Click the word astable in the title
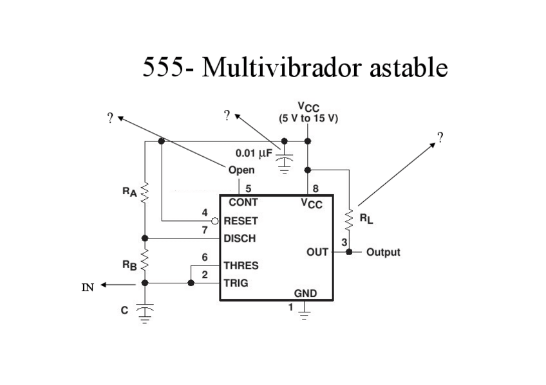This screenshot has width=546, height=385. coord(408,67)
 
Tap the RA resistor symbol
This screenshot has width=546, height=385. coord(145,191)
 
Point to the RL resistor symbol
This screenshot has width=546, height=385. coord(350,220)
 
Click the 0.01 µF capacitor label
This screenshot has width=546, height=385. coord(254,153)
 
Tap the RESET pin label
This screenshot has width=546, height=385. coord(240,220)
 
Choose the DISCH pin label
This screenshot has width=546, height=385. coord(239,238)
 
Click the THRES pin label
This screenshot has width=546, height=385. coord(240,265)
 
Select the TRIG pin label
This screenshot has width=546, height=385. coord(236,282)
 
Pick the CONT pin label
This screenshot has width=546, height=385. coord(243,202)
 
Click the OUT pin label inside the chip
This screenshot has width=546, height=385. coord(317,252)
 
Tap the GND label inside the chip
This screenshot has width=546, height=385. coord(305,293)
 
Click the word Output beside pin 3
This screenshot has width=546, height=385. coord(383,252)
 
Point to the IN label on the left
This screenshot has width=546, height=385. coord(88,287)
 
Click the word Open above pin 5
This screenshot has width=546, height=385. coord(241,170)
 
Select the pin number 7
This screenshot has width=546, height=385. coord(205,229)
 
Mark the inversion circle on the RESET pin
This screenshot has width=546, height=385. coord(218,220)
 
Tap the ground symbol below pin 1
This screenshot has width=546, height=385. coord(305,313)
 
